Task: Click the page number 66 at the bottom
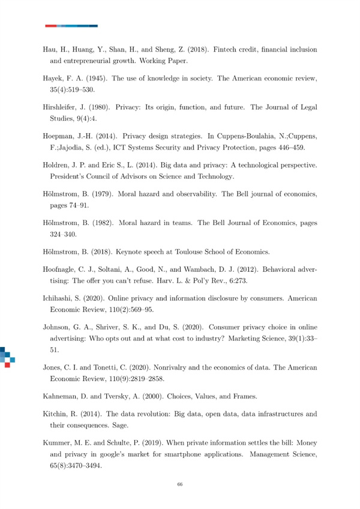(179, 484)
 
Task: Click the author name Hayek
(55, 79)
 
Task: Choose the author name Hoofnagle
(62, 270)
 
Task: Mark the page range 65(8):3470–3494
(77, 464)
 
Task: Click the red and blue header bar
(71, 26)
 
